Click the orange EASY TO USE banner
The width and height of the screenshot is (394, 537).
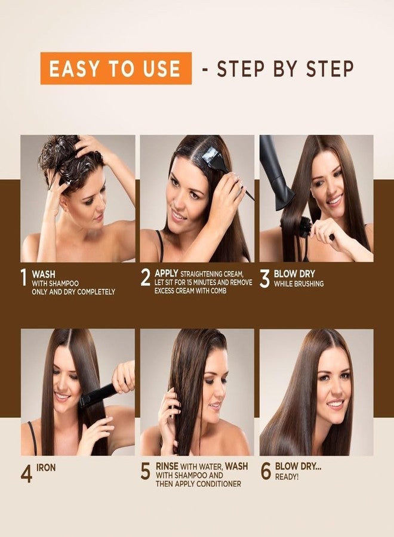coord(115,68)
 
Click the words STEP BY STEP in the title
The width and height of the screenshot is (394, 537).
coord(285,68)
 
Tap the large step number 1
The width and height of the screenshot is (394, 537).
coord(23,277)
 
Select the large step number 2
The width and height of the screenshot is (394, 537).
coord(146,277)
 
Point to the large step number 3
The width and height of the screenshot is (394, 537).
coord(264,279)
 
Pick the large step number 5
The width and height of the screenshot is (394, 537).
coord(146,471)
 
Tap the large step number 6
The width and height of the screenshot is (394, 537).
coord(266,471)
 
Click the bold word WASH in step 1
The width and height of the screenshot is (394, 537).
coord(44,274)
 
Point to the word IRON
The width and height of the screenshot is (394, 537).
coord(45,468)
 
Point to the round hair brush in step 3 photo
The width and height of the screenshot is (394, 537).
coord(306,227)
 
